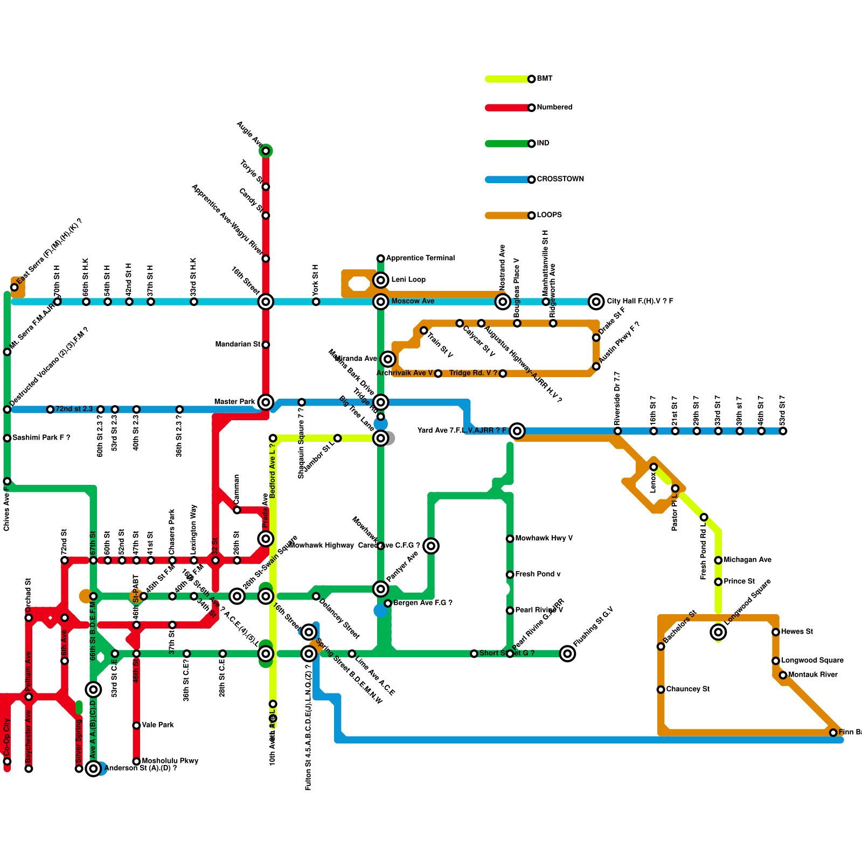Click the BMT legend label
544,79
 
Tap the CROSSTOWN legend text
560,179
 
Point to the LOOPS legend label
549,215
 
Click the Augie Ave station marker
266,151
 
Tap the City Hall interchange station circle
596,302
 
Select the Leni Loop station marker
381,280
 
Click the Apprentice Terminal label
420,258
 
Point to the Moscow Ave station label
413,301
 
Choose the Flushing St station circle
567,654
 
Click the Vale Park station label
157,725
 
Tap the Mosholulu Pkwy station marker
136,761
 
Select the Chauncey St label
687,689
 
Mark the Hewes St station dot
776,632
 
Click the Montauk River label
812,675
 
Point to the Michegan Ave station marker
718,560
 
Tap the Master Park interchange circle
266,402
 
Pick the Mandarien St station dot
266,345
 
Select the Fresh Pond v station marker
510,575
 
